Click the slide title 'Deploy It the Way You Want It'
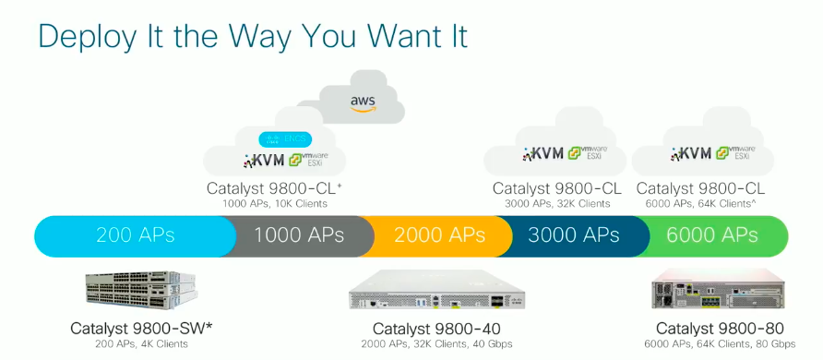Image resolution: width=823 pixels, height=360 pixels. pos(252,36)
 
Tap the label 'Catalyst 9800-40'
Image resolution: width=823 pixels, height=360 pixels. pos(437,329)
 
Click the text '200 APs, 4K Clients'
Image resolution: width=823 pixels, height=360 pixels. pos(141,343)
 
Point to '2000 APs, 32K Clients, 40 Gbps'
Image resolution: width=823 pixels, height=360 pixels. pos(437,344)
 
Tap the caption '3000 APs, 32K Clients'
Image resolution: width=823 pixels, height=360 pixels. pos(556,203)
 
